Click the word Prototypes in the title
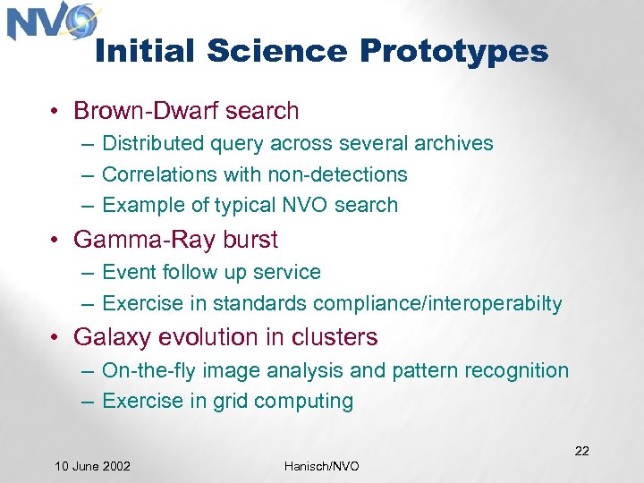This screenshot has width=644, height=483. (453, 51)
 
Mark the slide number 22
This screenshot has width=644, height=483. (581, 451)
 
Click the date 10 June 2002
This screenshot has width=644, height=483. (92, 466)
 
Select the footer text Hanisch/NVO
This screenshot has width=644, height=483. (322, 466)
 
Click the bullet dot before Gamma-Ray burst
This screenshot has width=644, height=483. (55, 241)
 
